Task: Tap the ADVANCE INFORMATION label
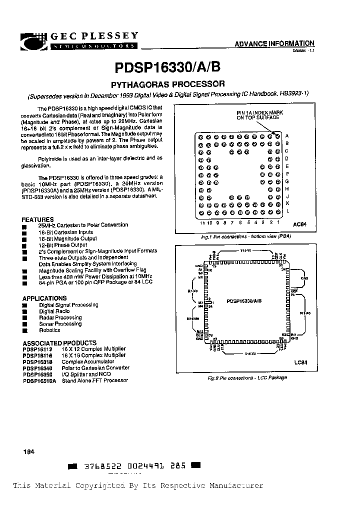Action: coord(274,44)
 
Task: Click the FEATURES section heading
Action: coord(37,219)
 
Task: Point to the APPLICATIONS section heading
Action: coord(45,298)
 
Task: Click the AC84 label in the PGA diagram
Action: coord(298,225)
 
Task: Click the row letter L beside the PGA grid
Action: coord(287,211)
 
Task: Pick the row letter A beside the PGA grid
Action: coord(287,136)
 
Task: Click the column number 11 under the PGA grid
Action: coord(202,222)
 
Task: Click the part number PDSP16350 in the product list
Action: coord(37,374)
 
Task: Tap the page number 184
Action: coord(28,452)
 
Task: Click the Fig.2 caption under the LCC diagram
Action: coord(247,377)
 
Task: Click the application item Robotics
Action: coord(49,330)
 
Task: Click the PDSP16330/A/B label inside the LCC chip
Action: coord(243,301)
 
